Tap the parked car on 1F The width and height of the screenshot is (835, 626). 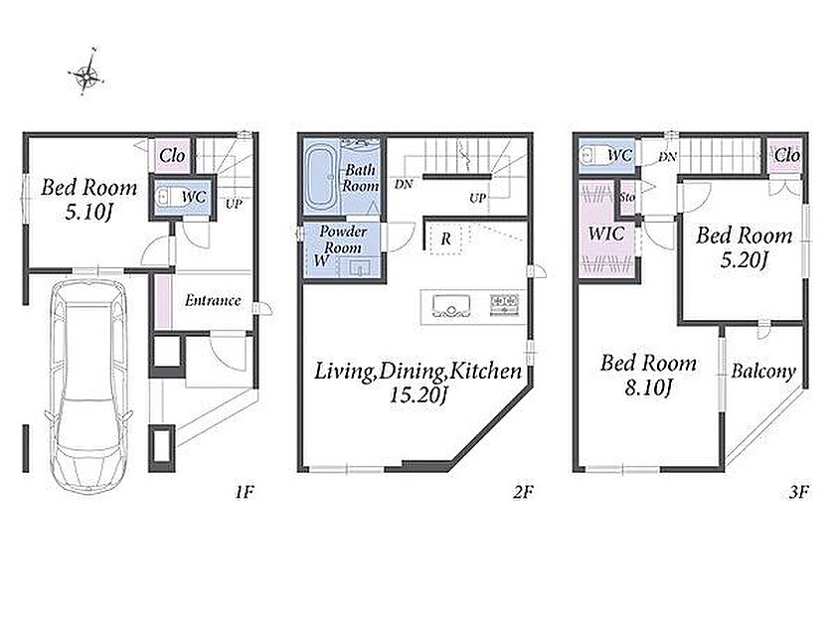(88, 386)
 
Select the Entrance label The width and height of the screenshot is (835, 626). (213, 301)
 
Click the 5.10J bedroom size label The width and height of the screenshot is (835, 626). (88, 213)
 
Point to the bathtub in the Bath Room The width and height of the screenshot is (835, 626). (319, 178)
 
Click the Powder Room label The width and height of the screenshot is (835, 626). (343, 239)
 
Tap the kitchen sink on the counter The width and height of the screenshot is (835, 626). (451, 307)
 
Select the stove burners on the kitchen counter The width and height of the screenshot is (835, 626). (504, 304)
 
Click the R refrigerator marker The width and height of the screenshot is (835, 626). (445, 239)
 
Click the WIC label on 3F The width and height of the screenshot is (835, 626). (606, 234)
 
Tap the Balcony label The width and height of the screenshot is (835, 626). (763, 371)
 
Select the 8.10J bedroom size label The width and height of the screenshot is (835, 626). (648, 388)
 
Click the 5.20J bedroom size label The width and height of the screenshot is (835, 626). (744, 260)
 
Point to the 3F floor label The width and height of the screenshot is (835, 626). (799, 492)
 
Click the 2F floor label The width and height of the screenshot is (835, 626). (523, 492)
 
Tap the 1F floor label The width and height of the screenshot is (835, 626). (244, 492)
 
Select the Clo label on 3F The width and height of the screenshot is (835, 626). (786, 155)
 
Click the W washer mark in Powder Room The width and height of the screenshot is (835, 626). (321, 260)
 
